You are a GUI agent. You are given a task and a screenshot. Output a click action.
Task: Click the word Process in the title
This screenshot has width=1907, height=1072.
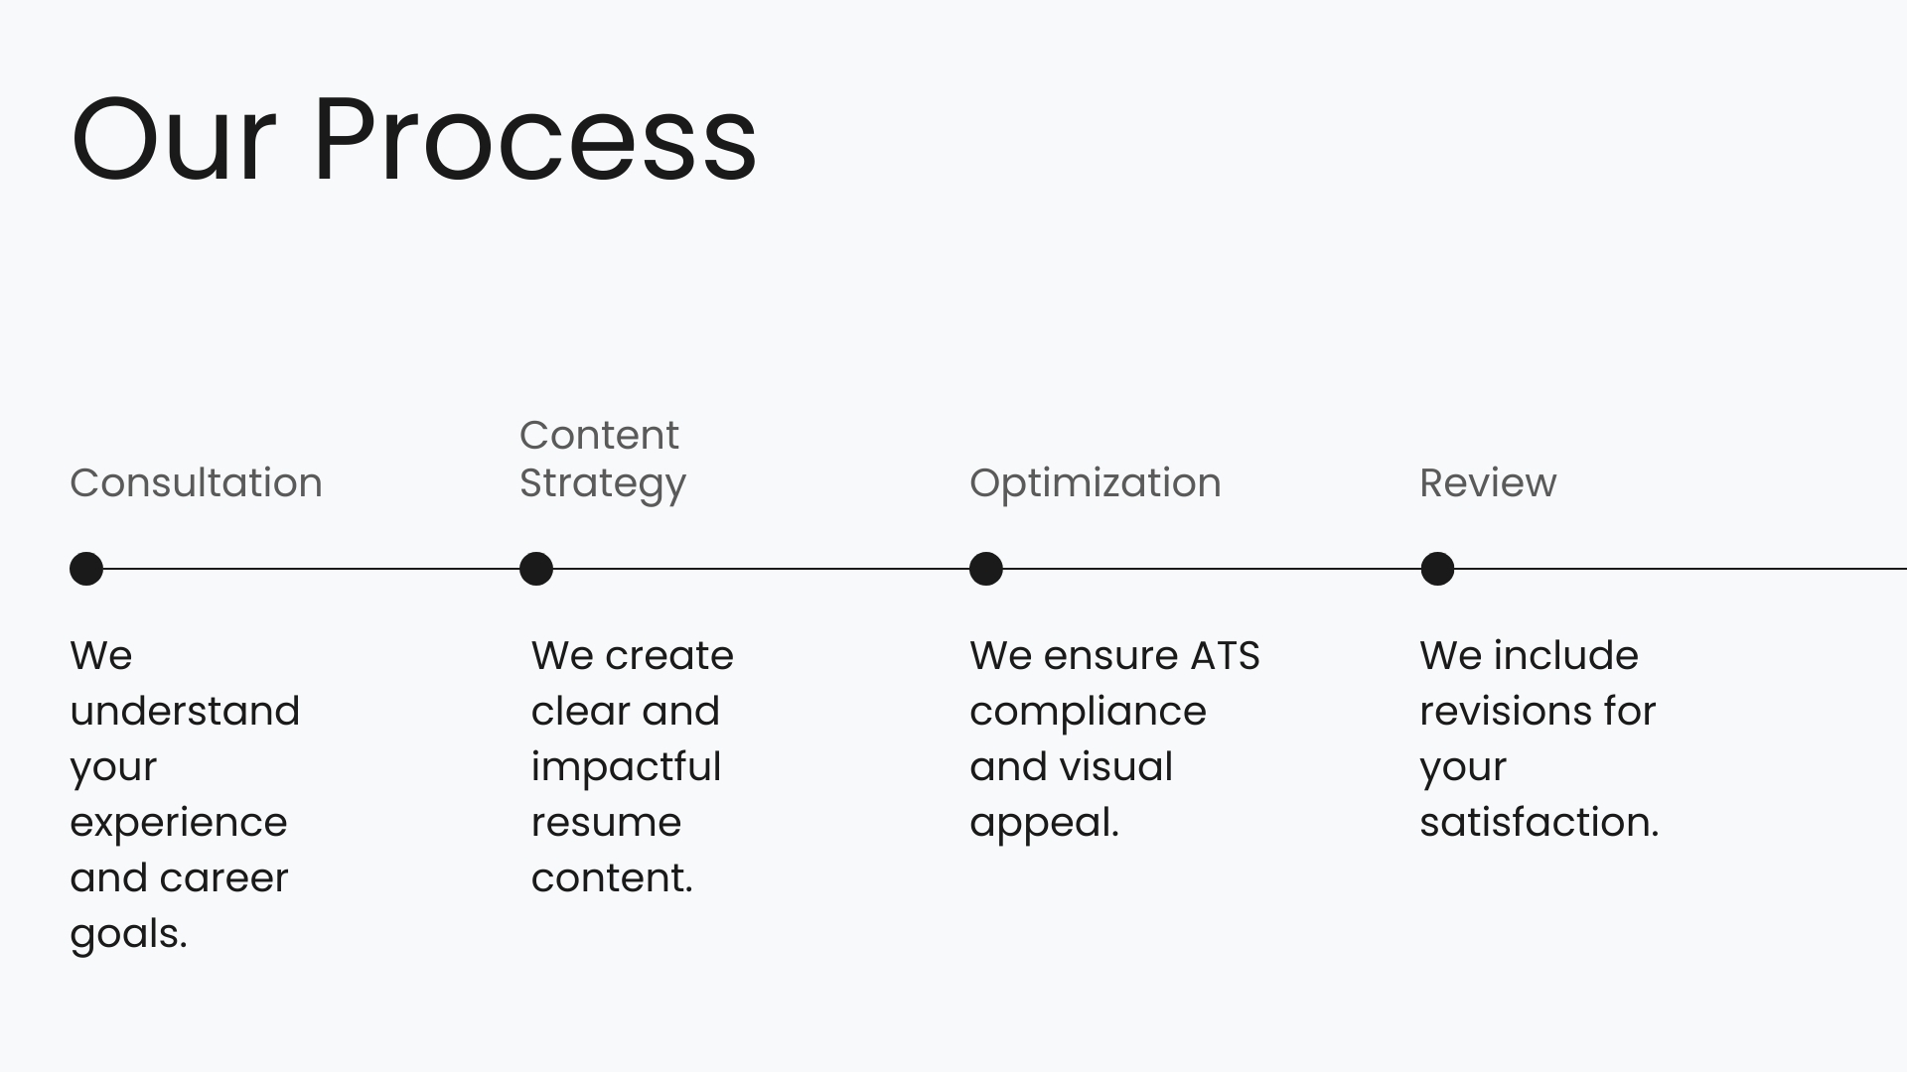click(534, 139)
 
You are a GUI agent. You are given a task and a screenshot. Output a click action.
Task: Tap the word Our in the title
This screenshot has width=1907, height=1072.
click(173, 139)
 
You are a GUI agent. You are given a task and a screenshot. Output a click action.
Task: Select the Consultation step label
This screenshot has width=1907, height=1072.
click(196, 482)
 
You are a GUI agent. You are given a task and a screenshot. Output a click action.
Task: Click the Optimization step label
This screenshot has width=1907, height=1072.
click(1095, 483)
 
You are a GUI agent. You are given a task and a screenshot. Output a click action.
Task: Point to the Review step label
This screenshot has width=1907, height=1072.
click(1488, 482)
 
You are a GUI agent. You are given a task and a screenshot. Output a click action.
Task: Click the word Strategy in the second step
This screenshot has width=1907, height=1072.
click(602, 483)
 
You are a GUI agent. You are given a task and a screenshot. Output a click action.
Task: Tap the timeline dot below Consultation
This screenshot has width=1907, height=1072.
click(86, 569)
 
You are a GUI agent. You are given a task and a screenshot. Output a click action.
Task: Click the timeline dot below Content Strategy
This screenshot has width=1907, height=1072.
click(536, 569)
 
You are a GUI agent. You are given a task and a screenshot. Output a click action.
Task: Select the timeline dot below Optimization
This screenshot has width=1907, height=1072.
click(986, 569)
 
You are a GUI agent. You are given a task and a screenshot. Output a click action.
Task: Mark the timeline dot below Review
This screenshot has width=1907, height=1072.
click(1437, 569)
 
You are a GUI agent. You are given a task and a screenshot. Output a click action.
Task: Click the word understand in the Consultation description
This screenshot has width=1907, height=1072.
click(185, 711)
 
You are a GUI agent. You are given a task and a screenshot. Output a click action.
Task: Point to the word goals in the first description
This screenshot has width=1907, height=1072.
click(125, 935)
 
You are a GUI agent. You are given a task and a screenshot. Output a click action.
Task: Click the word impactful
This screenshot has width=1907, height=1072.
click(626, 767)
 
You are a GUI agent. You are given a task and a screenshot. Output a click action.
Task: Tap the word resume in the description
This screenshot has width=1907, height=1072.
click(606, 823)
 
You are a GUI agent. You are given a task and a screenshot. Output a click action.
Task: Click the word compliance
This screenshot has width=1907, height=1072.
click(1088, 712)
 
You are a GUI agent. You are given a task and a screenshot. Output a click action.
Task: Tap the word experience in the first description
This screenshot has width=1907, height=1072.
click(179, 823)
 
